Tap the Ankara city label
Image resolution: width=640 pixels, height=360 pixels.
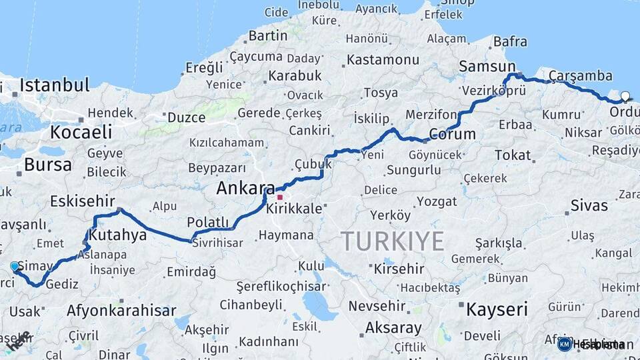245,189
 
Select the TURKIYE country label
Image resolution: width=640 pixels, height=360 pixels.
392,241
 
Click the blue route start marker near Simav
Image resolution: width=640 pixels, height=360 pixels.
15,267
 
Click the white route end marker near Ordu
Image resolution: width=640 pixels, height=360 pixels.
625,96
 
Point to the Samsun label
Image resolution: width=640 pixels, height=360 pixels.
487,67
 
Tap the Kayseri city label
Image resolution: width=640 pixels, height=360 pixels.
497,309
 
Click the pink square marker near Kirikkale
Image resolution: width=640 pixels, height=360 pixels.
280,197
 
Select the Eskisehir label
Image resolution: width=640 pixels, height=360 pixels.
83,201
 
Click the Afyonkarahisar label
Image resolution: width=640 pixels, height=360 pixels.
121,310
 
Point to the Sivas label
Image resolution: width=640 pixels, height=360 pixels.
589,205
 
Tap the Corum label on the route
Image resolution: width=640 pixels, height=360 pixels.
452,134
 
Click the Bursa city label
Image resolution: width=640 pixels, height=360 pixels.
47,165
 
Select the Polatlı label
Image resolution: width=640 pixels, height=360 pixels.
208,222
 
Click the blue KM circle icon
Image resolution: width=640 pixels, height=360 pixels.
565,344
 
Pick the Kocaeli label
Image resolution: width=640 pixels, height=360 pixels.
81,132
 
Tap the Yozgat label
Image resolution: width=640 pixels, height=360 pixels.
437,201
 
